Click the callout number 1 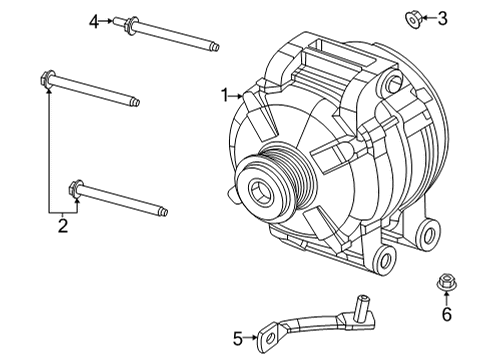pos(226,96)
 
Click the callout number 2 pos(62,227)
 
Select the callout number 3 pos(442,17)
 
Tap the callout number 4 pos(95,21)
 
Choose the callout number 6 pos(446,315)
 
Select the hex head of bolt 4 pos(131,23)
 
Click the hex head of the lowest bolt pos(75,187)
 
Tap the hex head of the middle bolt pos(46,77)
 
